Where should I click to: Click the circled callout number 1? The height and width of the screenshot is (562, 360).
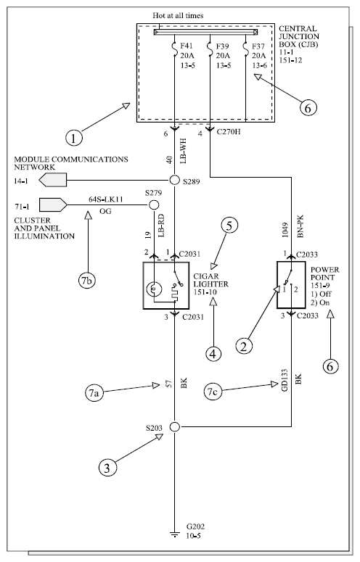tap(74, 138)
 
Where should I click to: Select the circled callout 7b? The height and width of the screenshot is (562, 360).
tap(87, 281)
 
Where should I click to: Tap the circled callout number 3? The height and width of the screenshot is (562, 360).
tap(107, 468)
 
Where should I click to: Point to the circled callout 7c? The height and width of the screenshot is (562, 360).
tap(213, 392)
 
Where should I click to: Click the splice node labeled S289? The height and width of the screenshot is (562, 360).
tap(174, 181)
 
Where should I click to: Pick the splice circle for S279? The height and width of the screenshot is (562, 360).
tap(153, 205)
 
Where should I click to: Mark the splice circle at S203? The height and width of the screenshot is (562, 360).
tap(175, 426)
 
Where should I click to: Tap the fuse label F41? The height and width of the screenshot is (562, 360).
tap(187, 46)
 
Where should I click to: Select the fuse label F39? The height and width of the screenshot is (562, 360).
tap(223, 46)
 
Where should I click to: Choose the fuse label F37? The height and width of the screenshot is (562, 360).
tap(258, 46)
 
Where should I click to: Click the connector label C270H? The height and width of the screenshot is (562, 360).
tap(229, 132)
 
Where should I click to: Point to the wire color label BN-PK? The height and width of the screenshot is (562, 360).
tap(300, 226)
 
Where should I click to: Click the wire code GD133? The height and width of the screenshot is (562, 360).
tap(285, 380)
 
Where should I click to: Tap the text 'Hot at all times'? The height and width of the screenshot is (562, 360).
tap(178, 15)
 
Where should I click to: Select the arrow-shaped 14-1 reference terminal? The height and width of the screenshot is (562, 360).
tap(53, 180)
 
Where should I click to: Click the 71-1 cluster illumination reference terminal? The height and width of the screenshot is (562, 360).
tap(53, 204)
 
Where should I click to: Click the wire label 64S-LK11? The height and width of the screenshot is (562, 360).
tap(106, 199)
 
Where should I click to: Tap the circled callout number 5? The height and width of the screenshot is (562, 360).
tap(230, 225)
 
